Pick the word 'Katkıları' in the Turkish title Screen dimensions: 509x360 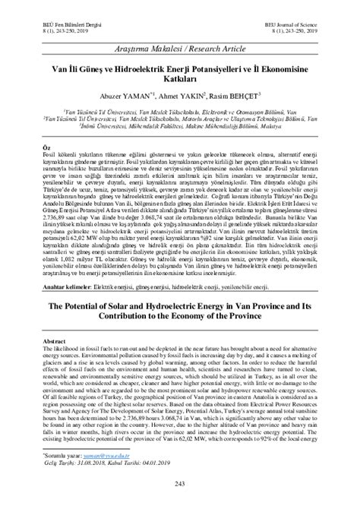(x=180, y=79)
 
